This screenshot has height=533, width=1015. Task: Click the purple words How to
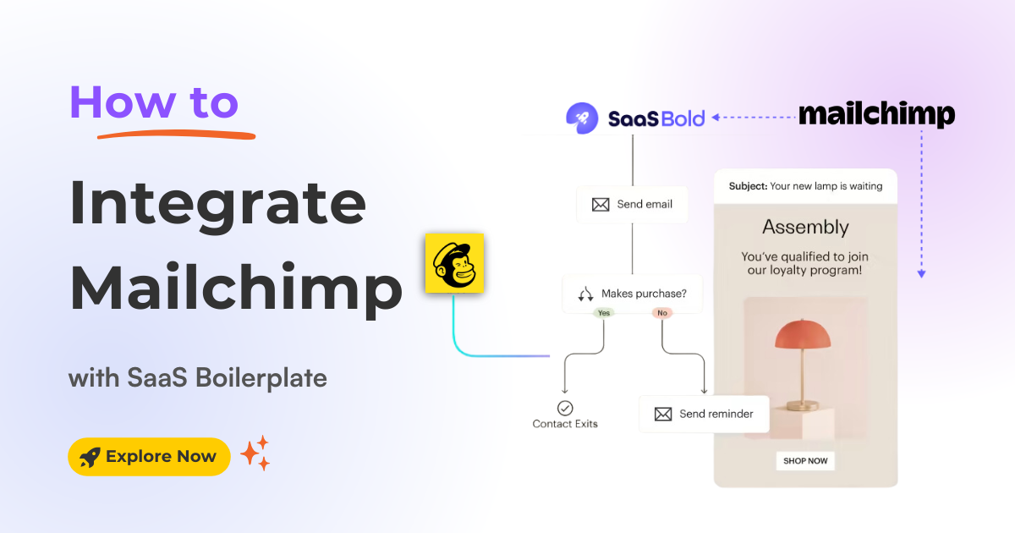154,103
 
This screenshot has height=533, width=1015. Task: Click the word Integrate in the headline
217,206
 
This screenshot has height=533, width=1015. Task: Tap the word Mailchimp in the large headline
235,288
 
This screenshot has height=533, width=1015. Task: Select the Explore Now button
149,457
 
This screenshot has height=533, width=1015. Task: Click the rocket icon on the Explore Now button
89,458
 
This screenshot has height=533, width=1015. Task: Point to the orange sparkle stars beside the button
255,453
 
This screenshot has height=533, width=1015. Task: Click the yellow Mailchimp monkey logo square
454,263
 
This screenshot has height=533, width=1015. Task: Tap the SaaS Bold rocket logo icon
582,118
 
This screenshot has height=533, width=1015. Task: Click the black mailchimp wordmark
876,114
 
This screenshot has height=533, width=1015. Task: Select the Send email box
632,205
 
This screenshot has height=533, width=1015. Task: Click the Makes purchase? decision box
632,294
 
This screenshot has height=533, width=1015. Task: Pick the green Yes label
604,313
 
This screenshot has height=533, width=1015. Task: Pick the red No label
661,313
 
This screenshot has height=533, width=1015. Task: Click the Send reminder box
704,415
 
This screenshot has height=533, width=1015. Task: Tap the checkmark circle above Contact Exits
565,409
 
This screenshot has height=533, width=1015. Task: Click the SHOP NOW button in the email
805,461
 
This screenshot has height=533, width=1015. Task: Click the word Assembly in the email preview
805,227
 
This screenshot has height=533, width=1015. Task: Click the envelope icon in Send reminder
663,415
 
